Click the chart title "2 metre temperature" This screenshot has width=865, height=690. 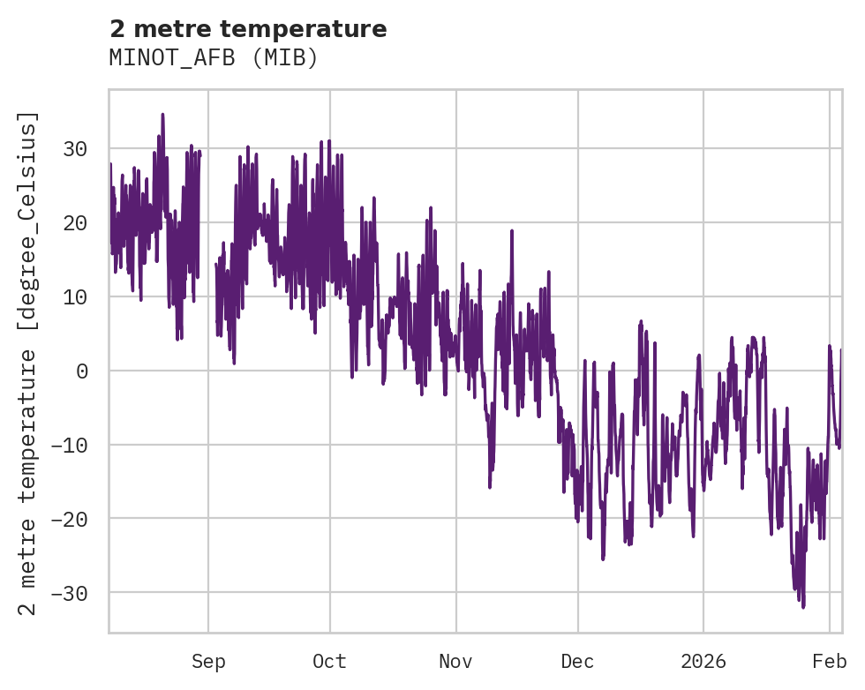point(248,29)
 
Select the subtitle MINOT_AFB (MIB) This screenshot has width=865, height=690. point(213,57)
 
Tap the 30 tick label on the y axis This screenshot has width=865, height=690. point(75,149)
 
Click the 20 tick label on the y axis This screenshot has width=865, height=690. point(75,223)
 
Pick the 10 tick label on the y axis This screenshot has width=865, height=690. point(75,297)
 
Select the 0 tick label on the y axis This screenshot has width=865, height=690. point(82,371)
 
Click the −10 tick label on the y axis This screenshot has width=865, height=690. point(70,445)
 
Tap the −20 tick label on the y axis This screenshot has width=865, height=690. point(70,519)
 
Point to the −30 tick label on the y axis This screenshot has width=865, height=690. point(70,593)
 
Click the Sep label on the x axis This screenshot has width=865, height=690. point(208,662)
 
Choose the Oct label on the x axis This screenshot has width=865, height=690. point(329,662)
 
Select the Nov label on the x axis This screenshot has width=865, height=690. point(456,662)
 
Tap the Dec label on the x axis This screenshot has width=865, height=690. point(577,662)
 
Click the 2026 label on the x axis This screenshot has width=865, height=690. point(703,662)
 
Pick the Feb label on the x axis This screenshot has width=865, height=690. point(830,662)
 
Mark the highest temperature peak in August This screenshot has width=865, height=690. point(162,114)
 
